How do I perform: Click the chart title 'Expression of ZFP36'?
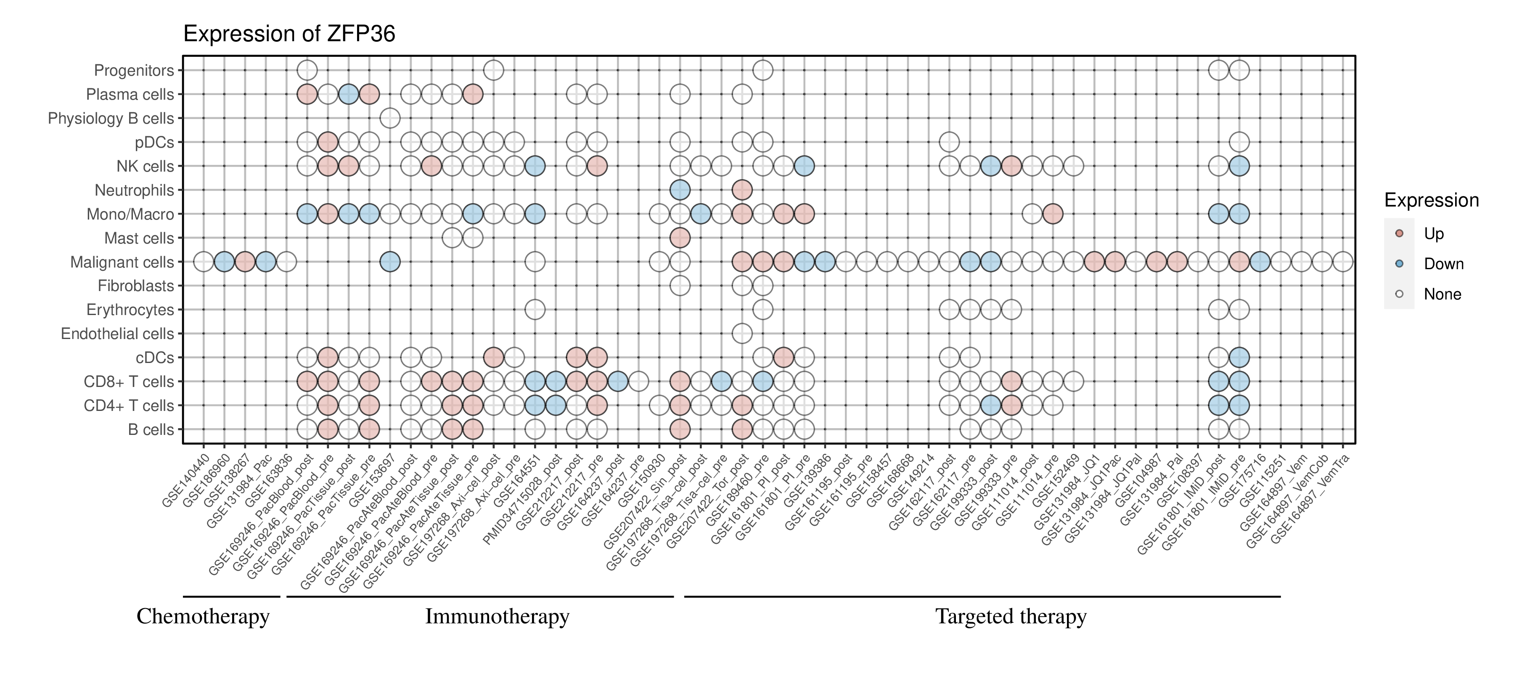[289, 34]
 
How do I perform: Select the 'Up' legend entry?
[1434, 234]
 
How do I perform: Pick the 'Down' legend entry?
[1443, 264]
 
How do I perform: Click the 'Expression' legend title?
[1431, 200]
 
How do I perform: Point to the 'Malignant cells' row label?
[122, 262]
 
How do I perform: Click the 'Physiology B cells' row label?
[111, 118]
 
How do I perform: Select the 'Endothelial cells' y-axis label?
[118, 334]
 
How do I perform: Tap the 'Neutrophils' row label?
[135, 191]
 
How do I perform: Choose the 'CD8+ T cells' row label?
[129, 382]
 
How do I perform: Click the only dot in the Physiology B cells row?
[390, 118]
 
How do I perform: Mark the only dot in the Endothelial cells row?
[742, 334]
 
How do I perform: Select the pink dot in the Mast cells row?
[680, 238]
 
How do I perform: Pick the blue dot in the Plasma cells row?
[349, 94]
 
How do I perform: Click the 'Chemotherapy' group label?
[203, 617]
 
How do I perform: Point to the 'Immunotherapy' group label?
[497, 617]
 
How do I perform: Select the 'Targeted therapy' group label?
[1011, 617]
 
